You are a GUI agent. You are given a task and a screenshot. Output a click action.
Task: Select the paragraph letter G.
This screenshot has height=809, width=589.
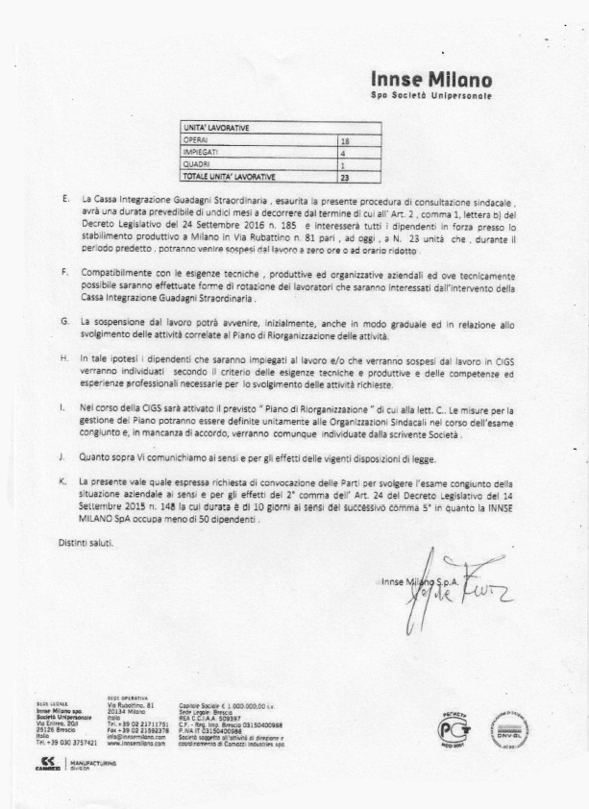click(x=63, y=319)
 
